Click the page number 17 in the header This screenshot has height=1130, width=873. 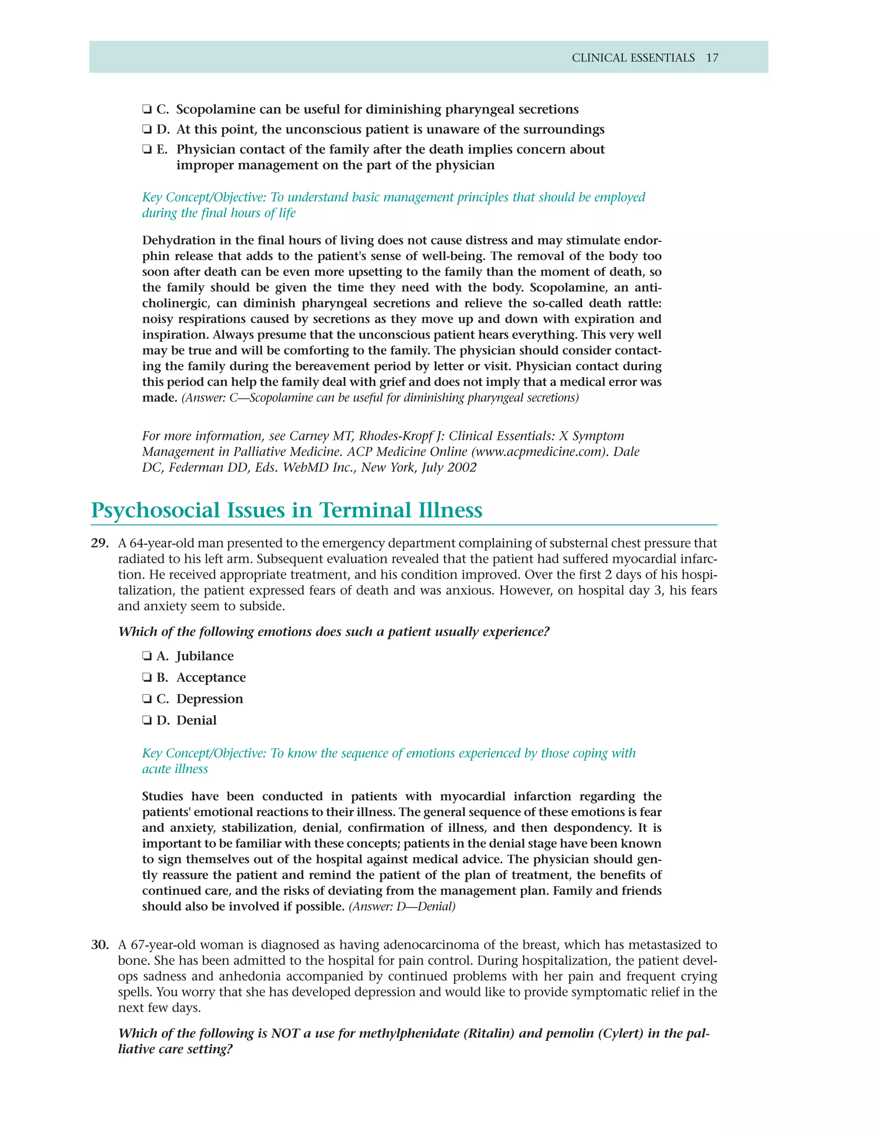(712, 58)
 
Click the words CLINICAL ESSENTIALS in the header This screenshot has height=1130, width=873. (633, 58)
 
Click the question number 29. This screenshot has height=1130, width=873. (100, 543)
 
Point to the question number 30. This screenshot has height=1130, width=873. (100, 945)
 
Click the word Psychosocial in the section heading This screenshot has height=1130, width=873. (155, 511)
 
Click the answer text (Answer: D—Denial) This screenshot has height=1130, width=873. (402, 907)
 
